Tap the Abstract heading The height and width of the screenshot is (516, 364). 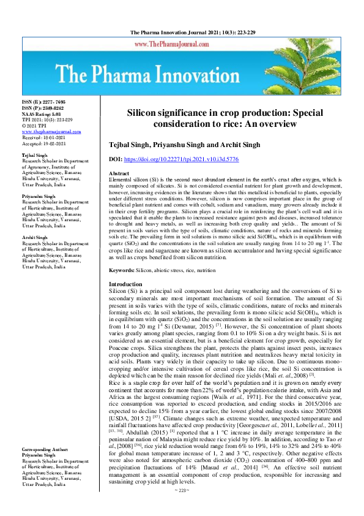point(119,174)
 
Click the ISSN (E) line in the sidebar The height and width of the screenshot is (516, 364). point(43,101)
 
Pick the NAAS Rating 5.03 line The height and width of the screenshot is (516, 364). point(42,114)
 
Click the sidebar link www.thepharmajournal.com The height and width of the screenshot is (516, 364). point(51,132)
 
